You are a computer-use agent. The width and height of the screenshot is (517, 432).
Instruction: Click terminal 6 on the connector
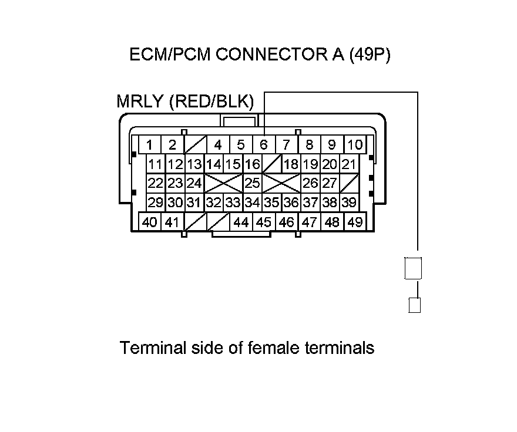pyautogui.click(x=264, y=144)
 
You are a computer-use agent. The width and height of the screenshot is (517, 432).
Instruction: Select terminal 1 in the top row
pyautogui.click(x=150, y=144)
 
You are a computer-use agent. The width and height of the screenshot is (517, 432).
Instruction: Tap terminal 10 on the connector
pyautogui.click(x=355, y=144)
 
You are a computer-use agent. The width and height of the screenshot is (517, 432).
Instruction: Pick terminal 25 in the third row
pyautogui.click(x=253, y=183)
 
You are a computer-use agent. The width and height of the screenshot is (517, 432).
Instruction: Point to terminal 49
pyautogui.click(x=354, y=222)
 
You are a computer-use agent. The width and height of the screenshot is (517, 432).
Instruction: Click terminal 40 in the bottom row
pyautogui.click(x=150, y=222)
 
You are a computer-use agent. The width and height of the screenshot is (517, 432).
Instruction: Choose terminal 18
pyautogui.click(x=291, y=164)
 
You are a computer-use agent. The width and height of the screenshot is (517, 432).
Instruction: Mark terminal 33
pyautogui.click(x=233, y=203)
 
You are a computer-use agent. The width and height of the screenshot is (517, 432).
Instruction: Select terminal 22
pyautogui.click(x=156, y=183)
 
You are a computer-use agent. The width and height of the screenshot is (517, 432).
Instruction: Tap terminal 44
pyautogui.click(x=241, y=222)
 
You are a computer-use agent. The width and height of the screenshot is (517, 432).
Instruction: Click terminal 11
pyautogui.click(x=156, y=164)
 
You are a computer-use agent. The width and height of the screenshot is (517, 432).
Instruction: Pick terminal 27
pyautogui.click(x=330, y=183)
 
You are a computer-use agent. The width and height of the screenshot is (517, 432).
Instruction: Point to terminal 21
pyautogui.click(x=349, y=164)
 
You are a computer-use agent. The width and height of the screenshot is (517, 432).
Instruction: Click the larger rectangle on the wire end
pyautogui.click(x=414, y=269)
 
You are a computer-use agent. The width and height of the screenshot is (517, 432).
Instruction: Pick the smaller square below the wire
pyautogui.click(x=415, y=305)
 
